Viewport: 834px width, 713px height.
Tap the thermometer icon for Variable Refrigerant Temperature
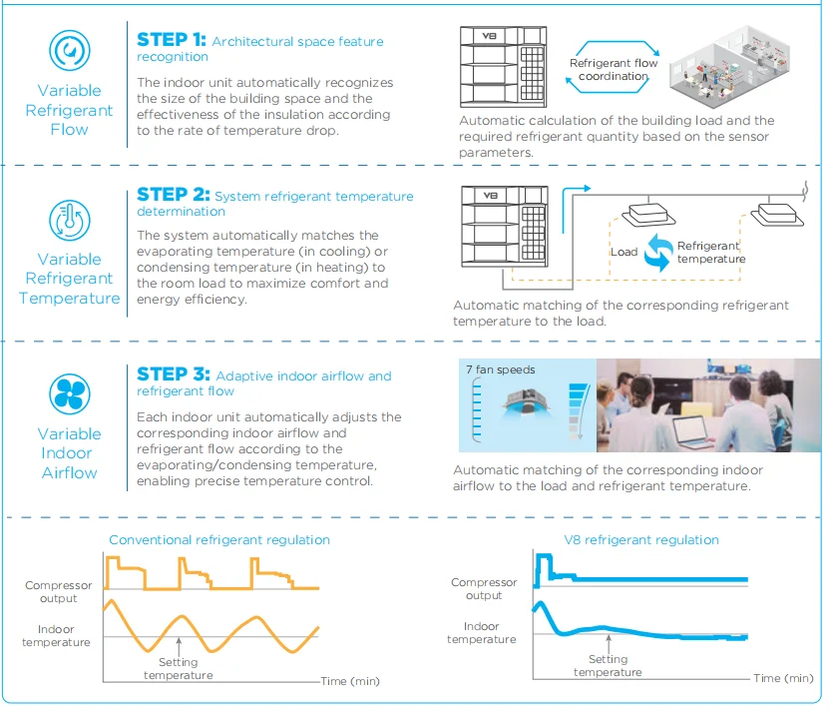point(70,221)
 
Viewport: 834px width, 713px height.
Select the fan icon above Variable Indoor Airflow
point(70,392)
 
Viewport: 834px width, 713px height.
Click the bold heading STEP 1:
point(172,40)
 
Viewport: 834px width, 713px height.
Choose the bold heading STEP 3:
point(174,374)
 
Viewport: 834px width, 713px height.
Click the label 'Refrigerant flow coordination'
point(614,69)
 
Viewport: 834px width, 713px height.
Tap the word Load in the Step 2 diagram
point(624,252)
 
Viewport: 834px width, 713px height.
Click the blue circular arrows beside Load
point(657,253)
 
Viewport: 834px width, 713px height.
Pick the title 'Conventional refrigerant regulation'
point(219,539)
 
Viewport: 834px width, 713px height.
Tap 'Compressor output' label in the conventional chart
point(59,592)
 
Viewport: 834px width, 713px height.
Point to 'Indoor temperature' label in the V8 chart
point(481,632)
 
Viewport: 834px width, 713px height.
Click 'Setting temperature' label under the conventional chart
point(178,668)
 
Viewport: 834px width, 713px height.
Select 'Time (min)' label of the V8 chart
point(783,678)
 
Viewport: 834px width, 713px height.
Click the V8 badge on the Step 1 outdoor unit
point(489,35)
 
